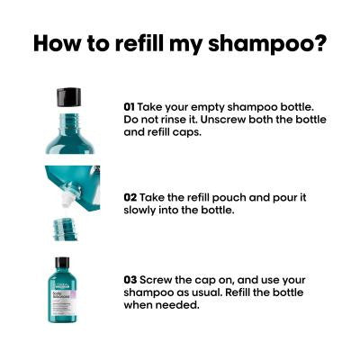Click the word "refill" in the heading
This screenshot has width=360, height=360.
point(139,43)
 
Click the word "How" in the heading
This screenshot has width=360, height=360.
point(57,44)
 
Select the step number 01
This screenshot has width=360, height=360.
point(130,107)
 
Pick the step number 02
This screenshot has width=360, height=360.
point(130,197)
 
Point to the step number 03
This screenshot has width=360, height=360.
point(130,280)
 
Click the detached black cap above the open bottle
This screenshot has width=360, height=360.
point(69,97)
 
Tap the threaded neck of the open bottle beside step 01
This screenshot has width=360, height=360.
point(69,121)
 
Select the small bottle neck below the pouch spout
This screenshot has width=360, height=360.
point(65,229)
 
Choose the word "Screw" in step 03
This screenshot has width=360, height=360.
point(156,280)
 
